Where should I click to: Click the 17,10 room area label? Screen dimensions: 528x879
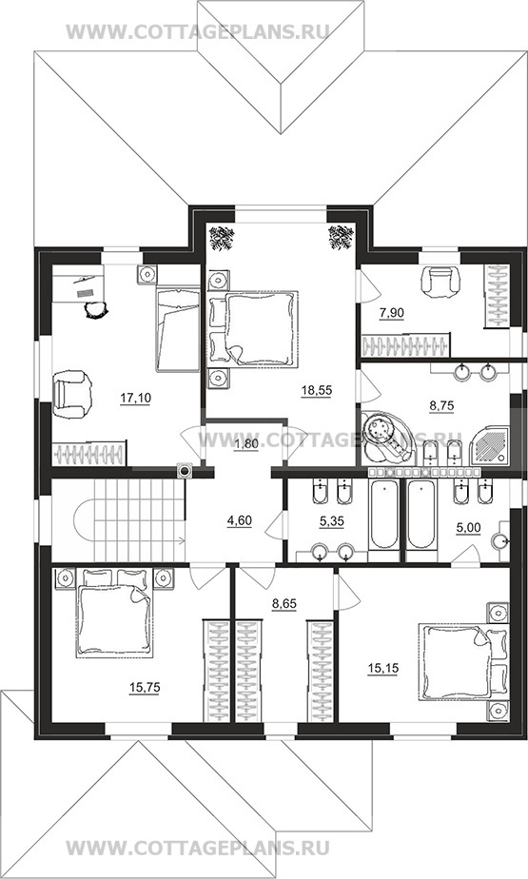click(136, 398)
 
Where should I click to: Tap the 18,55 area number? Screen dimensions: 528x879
click(316, 390)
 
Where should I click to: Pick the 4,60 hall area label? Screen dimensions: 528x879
click(239, 520)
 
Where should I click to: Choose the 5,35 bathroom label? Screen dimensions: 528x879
click(331, 521)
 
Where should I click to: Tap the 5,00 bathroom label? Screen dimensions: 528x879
click(468, 529)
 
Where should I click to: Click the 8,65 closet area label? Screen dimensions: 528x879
click(284, 604)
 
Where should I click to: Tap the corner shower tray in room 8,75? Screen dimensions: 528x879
click(489, 444)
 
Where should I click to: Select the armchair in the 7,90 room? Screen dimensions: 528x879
click(440, 282)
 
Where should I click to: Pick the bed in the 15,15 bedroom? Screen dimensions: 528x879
click(455, 663)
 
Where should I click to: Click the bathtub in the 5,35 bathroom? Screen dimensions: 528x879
click(384, 516)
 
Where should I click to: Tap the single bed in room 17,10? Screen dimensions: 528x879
click(178, 329)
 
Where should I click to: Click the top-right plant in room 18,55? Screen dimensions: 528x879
click(341, 237)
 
